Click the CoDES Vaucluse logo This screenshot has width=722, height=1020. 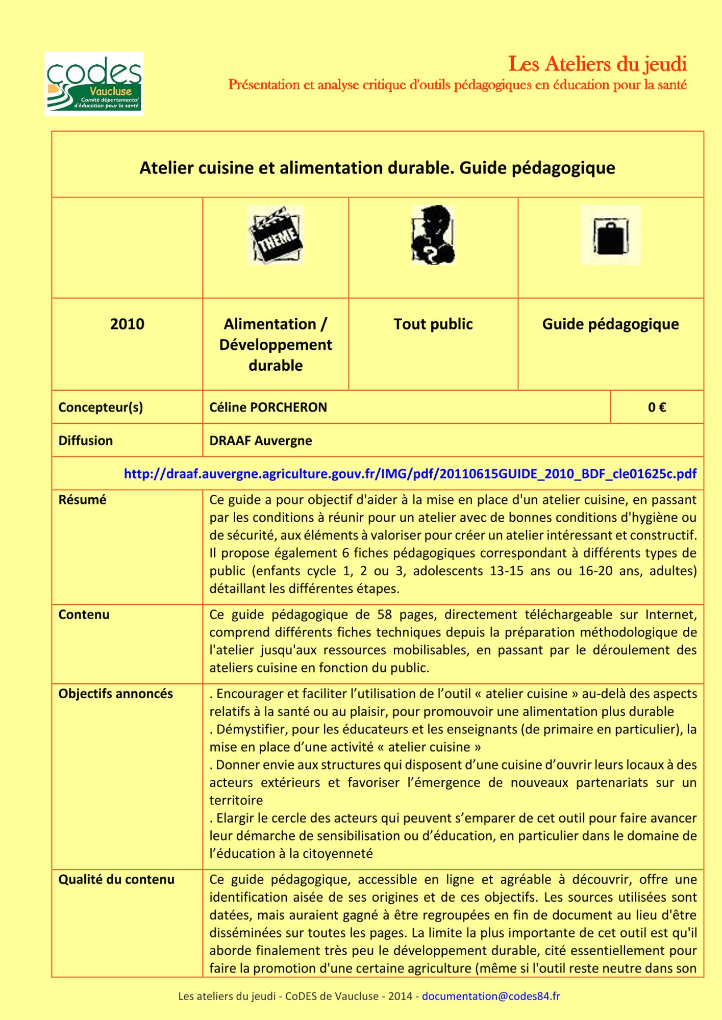[94, 84]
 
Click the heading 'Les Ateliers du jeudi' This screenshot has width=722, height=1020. [597, 64]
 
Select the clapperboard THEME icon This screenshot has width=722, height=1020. [276, 235]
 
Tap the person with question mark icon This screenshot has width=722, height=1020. [433, 235]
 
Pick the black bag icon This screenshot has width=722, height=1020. [610, 235]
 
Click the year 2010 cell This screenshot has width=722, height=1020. [127, 324]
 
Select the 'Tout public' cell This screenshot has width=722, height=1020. [433, 324]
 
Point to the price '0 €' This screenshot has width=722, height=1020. [657, 407]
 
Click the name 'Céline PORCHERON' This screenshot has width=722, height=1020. [268, 407]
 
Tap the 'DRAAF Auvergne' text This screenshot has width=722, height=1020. [260, 441]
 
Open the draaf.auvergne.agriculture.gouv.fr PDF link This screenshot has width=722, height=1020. [410, 474]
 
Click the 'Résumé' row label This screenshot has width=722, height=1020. [82, 500]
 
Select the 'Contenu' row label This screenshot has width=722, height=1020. [84, 615]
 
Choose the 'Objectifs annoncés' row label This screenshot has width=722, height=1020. [115, 694]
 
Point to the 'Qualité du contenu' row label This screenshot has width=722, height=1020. [116, 879]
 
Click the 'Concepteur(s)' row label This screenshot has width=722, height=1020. [101, 407]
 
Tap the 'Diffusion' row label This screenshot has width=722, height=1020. [85, 441]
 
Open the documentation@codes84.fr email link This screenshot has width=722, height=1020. [491, 996]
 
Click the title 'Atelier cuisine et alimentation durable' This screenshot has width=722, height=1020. [296, 168]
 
